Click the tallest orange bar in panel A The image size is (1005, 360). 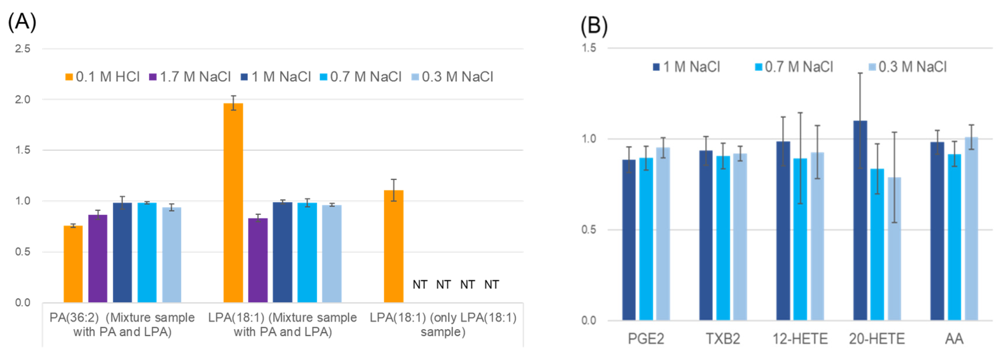[233, 203]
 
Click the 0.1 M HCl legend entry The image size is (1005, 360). [103, 77]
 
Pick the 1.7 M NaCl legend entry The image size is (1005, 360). [190, 77]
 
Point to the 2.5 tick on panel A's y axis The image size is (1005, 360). [23, 49]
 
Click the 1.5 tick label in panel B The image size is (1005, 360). [589, 48]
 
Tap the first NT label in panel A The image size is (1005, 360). [420, 285]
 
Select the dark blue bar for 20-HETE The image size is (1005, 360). [860, 220]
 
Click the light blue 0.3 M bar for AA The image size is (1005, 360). [971, 229]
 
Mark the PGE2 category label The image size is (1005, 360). [646, 338]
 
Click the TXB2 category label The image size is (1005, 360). [723, 338]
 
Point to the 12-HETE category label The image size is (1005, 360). [800, 338]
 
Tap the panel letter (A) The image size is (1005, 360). [22, 22]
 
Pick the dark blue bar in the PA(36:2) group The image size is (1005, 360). [122, 252]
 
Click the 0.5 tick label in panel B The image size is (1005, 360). [589, 229]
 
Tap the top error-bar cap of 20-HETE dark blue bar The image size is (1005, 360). [860, 73]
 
